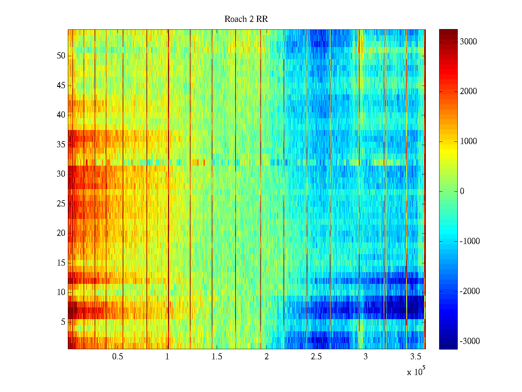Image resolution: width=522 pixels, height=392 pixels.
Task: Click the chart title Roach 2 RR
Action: (x=246, y=19)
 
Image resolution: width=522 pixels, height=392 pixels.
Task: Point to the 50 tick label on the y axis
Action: (x=61, y=56)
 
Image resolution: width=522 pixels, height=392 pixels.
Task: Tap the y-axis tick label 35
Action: (x=61, y=144)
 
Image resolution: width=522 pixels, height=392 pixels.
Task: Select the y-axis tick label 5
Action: (x=63, y=322)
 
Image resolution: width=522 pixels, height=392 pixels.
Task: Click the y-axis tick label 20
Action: (x=61, y=233)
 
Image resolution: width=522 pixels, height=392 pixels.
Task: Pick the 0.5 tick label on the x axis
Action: (x=118, y=357)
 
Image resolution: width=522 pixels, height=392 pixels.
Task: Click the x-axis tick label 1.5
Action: (x=217, y=357)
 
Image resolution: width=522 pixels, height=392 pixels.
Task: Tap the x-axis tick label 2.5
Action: (x=316, y=357)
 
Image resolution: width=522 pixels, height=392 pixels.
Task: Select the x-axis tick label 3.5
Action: (x=415, y=357)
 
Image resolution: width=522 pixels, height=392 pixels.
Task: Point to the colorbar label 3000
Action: (x=468, y=42)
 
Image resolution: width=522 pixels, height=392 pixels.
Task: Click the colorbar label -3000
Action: (x=469, y=341)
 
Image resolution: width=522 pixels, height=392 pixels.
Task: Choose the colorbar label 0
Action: (x=462, y=191)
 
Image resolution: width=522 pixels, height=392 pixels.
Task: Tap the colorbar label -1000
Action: (x=469, y=241)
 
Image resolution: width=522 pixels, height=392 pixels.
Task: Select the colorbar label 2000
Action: (x=468, y=91)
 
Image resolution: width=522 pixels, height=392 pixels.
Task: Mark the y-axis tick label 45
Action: (x=61, y=86)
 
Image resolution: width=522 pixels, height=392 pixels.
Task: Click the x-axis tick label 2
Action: (x=267, y=357)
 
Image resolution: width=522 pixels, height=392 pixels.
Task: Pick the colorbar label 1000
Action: (x=468, y=141)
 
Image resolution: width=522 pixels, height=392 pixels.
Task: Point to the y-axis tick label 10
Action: (x=61, y=292)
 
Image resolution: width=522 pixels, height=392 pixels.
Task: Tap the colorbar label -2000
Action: (x=469, y=291)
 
